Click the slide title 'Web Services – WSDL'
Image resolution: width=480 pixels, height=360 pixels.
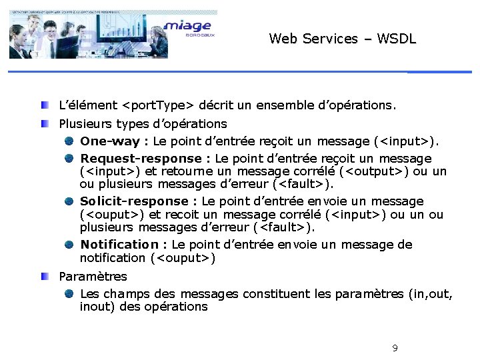(x=343, y=39)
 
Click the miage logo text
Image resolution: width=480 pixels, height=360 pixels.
(x=187, y=26)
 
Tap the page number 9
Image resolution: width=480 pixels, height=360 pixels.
(x=395, y=348)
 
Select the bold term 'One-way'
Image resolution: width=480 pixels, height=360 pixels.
(x=109, y=141)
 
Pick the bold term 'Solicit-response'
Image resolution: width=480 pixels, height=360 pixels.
(x=135, y=201)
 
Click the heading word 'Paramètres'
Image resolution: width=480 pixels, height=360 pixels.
(x=93, y=276)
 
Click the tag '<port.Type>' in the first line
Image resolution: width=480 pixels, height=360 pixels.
(x=158, y=105)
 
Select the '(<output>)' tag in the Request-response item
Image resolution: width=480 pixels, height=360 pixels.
(x=372, y=171)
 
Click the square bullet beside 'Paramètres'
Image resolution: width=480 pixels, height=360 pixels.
(x=43, y=275)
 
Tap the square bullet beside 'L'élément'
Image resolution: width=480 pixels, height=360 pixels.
(x=43, y=105)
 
